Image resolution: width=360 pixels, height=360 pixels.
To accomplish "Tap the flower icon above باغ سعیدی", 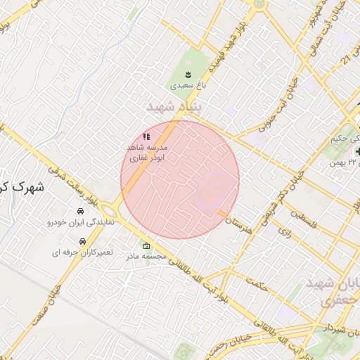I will point(188,73).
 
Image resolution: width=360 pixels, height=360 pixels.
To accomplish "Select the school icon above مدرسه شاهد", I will point(146,136).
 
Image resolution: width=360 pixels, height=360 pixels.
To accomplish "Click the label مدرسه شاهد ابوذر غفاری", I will point(146,154).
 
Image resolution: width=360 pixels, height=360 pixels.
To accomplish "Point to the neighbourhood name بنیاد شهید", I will point(173,107).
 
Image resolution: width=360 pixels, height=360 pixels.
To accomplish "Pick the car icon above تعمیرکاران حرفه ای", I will point(84,241).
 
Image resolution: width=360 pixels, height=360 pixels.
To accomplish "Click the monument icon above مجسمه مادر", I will point(146,246).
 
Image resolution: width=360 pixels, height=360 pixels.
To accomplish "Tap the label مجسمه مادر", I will point(147,257).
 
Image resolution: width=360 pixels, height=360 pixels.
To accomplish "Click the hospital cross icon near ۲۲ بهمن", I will point(358,151).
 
